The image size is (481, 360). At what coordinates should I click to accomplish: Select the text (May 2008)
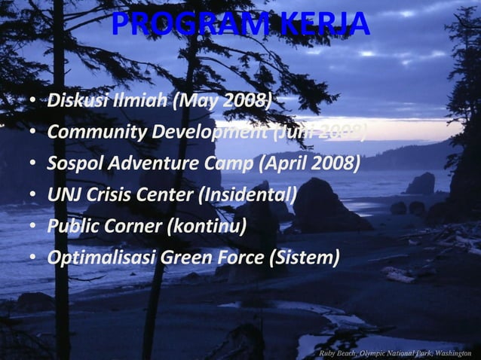[x=221, y=100]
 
